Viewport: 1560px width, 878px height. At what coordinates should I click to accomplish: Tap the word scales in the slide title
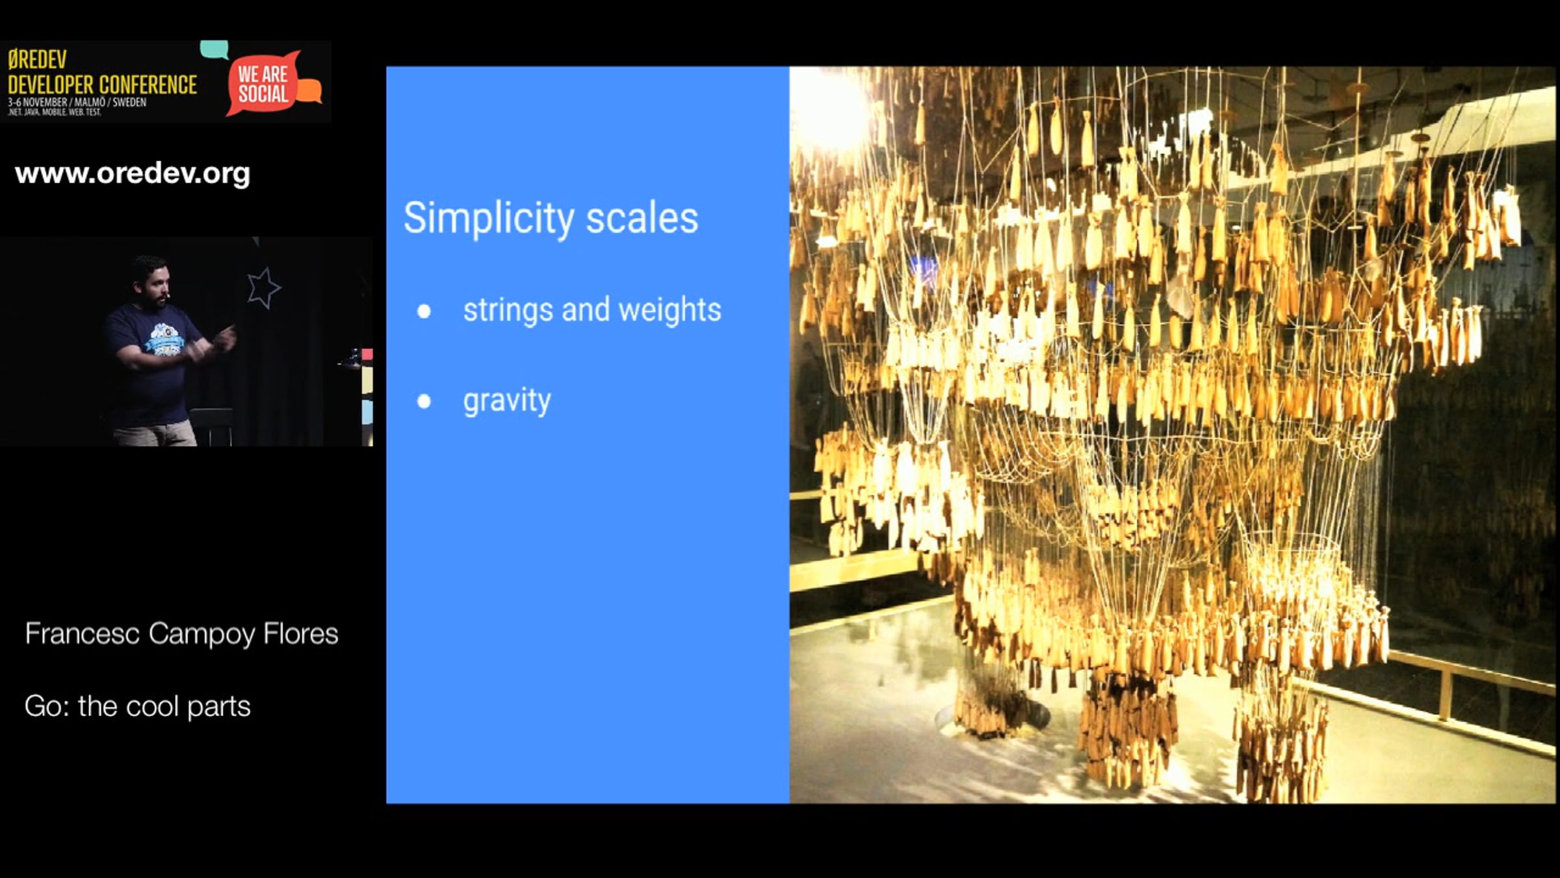(642, 218)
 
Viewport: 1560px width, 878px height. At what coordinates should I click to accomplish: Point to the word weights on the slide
(669, 310)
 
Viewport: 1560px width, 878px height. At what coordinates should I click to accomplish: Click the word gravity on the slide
(507, 401)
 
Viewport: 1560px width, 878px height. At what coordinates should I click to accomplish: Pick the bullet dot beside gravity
(424, 401)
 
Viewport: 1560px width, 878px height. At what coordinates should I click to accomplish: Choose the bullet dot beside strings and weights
(424, 311)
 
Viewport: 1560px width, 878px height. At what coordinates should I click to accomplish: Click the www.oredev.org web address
(133, 174)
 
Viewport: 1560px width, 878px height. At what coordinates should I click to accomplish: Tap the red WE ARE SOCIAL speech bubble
(263, 83)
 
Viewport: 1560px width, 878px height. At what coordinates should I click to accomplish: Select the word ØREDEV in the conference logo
(37, 60)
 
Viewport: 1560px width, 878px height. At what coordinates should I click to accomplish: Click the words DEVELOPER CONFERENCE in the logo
(102, 85)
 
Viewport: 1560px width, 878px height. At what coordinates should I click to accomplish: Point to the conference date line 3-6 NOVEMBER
(77, 102)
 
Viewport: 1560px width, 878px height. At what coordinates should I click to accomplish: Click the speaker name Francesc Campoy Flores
(181, 634)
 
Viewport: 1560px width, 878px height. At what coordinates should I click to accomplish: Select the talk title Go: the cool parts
(137, 706)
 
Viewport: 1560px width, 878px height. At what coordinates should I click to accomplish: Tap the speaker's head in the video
(151, 281)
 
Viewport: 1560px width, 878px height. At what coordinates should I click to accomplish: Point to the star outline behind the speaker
(263, 287)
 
